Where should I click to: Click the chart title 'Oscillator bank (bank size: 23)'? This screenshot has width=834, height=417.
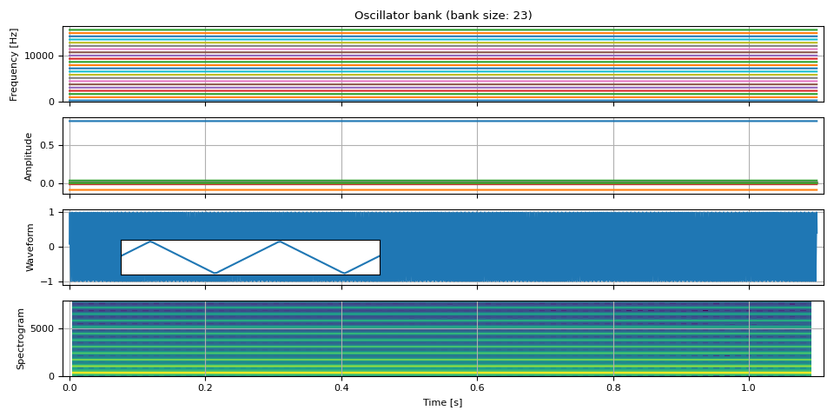pyautogui.click(x=443, y=16)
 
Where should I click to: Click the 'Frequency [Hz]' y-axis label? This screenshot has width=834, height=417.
pyautogui.click(x=14, y=64)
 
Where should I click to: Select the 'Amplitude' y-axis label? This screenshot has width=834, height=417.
pyautogui.click(x=29, y=156)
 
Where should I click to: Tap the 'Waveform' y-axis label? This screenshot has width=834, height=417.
pyautogui.click(x=30, y=248)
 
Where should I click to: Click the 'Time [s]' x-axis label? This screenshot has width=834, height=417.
pyautogui.click(x=443, y=403)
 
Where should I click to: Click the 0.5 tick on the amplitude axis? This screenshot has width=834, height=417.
pyautogui.click(x=51, y=145)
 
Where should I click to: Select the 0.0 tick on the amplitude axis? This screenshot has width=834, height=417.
pyautogui.click(x=51, y=183)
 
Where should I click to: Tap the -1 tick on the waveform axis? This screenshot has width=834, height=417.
pyautogui.click(x=52, y=281)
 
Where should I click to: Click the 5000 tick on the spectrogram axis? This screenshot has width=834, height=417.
pyautogui.click(x=45, y=328)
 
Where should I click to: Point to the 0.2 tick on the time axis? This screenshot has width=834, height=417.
pyautogui.click(x=205, y=387)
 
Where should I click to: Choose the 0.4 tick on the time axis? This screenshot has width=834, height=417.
pyautogui.click(x=341, y=387)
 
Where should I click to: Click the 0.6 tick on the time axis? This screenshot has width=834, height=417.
pyautogui.click(x=477, y=387)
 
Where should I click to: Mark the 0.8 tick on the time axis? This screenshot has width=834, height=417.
pyautogui.click(x=613, y=387)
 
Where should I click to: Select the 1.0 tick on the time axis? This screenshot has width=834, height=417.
pyautogui.click(x=749, y=387)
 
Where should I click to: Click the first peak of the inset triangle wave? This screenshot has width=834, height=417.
pyautogui.click(x=151, y=241)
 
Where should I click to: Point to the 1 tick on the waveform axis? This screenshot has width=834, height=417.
pyautogui.click(x=55, y=212)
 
